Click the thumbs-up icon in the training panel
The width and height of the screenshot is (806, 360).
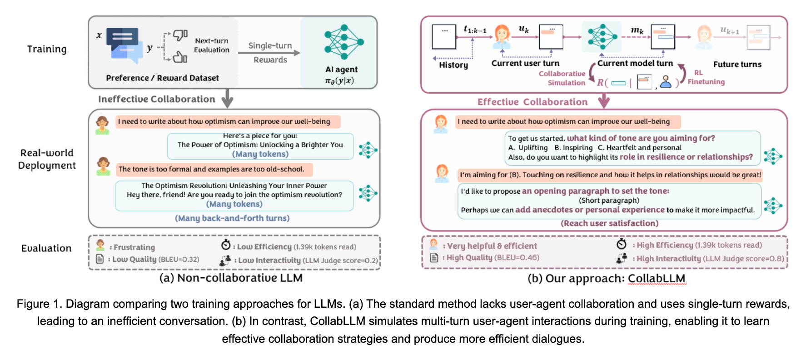click(x=180, y=57)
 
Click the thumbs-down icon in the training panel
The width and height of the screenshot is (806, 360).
click(x=180, y=35)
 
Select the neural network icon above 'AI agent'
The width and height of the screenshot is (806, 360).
click(x=344, y=42)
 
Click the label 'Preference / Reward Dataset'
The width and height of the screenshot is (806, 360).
click(x=162, y=78)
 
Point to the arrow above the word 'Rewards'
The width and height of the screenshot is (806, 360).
click(x=269, y=53)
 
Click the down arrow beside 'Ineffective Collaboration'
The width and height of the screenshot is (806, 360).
click(x=227, y=99)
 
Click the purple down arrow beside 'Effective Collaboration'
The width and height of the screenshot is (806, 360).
click(x=604, y=101)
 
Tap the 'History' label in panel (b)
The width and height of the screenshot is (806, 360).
click(x=453, y=65)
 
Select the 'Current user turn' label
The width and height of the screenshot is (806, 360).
click(x=525, y=63)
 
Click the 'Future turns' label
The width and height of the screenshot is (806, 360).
click(x=737, y=65)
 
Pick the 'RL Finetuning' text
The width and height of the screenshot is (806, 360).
click(x=706, y=77)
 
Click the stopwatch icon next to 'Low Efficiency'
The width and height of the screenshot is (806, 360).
click(x=226, y=245)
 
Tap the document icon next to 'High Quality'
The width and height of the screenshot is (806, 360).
click(x=434, y=258)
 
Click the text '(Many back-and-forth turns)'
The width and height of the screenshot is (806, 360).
click(x=232, y=218)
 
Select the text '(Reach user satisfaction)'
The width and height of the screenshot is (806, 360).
click(x=609, y=223)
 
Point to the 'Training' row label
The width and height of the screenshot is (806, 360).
click(x=47, y=49)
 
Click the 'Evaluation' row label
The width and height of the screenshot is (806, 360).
click(x=46, y=248)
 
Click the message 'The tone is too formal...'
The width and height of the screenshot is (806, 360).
click(x=211, y=169)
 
